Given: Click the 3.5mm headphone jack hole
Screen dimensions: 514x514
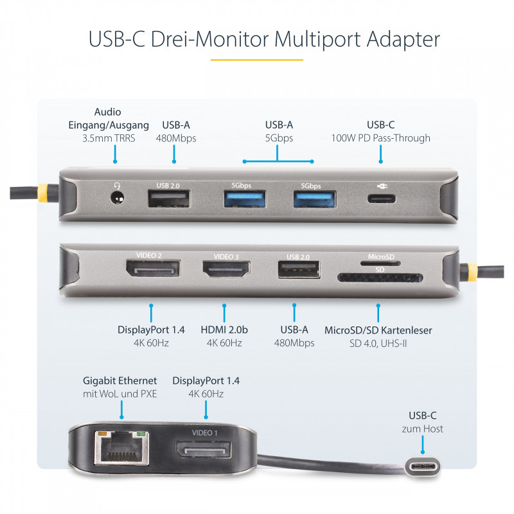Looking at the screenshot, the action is coord(117,199).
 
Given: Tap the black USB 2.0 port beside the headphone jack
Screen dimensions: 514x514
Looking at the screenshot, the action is coord(168,199).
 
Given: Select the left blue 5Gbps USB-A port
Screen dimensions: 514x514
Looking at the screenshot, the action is coord(245,199).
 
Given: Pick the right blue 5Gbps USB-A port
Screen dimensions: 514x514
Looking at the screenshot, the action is coord(314,199).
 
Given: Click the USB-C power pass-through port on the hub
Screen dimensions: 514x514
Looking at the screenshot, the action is coord(381,199).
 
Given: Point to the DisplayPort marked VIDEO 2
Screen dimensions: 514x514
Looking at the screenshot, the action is coord(153,268).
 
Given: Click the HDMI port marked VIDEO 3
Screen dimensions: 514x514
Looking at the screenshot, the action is coord(226,269).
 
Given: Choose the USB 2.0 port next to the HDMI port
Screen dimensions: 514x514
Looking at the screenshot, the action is coord(299,269).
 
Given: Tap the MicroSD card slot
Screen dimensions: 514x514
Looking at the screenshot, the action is coord(380,263).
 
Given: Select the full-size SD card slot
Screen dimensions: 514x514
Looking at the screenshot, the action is coord(380,278).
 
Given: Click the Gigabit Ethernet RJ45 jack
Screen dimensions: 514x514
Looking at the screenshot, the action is coord(121,448).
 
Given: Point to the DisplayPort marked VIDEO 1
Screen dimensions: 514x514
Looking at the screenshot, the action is coord(204,450).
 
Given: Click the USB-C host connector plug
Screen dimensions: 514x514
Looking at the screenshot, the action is coord(423,467).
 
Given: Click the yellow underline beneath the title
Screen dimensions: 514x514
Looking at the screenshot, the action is coord(256,60).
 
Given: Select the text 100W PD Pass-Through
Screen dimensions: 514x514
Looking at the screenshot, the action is coord(380,138).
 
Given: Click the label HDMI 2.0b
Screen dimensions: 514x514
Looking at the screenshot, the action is coord(224,330).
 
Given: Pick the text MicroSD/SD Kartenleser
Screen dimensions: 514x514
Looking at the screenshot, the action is coord(378,330).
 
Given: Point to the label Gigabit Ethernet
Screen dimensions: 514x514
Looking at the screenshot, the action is coord(120,381).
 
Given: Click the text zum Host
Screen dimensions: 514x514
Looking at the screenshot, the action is coord(423,429).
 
